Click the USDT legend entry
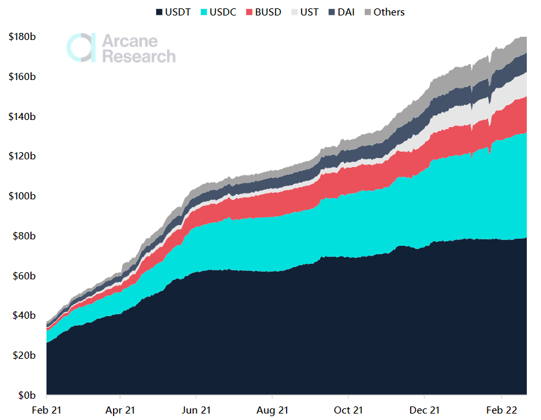pos(172,12)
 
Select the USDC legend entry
pos(219,12)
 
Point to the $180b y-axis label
pos(22,37)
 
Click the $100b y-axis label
pos(22,196)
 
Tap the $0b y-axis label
pos(26,395)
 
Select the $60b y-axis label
pos(24,275)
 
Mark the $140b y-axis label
pos(22,117)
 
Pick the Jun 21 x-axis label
pos(197,410)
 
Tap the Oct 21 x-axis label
pos(348,410)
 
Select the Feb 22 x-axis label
pos(501,410)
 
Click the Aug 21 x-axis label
pos(272,410)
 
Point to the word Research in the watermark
pos(139,56)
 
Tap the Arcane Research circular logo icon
pos(81,48)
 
